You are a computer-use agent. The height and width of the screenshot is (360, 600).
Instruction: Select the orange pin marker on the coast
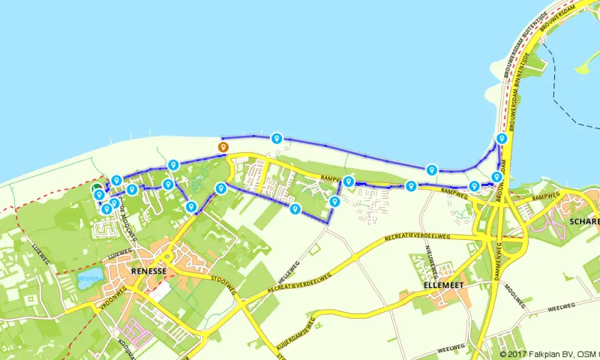point(222,147)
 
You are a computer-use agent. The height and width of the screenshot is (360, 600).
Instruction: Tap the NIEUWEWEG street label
point(430,257)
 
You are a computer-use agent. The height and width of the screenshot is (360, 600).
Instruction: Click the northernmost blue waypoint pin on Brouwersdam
point(501,139)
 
